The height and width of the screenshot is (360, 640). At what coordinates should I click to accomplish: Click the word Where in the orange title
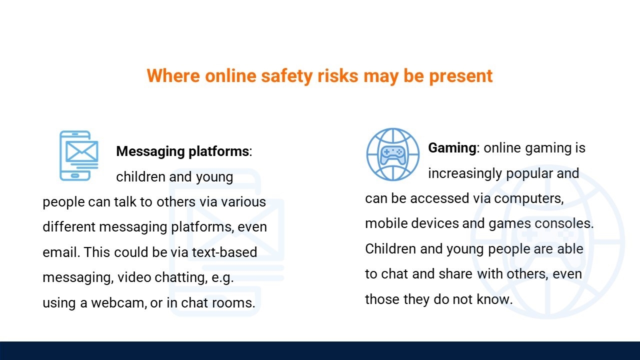173,75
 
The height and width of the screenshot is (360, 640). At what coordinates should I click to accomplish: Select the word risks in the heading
337,75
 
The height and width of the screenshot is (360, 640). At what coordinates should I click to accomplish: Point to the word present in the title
461,76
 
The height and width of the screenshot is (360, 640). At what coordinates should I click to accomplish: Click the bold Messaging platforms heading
182,151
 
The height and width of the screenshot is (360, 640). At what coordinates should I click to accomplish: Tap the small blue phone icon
79,155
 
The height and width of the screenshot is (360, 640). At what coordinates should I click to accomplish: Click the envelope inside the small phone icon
81,151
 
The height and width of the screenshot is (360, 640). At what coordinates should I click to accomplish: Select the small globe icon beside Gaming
393,154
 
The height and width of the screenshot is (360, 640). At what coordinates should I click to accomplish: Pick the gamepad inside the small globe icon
393,155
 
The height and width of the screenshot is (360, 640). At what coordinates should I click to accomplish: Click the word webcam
118,303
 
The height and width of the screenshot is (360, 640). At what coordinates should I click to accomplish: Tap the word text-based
224,252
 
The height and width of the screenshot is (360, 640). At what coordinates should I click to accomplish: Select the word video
134,277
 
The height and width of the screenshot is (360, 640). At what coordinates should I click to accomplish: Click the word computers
529,199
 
